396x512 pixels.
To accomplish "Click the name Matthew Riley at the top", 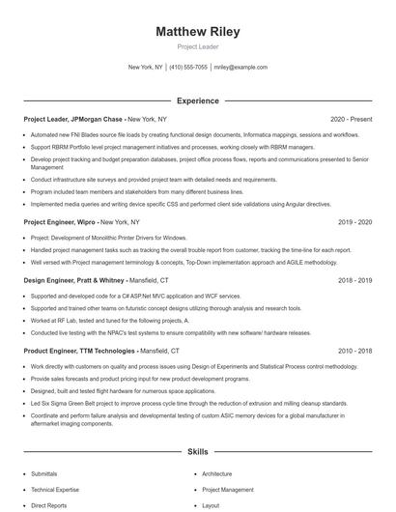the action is (197, 32).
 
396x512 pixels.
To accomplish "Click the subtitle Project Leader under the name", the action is (197, 46).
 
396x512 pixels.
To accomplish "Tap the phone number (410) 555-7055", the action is (188, 68).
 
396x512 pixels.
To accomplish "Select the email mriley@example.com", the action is (240, 68).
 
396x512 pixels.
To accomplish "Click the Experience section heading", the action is (197, 100).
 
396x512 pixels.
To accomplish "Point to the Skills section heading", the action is (197, 452).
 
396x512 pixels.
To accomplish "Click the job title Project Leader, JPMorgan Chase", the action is (73, 119).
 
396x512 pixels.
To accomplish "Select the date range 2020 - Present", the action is (351, 119).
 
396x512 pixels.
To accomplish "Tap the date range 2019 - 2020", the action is (355, 222).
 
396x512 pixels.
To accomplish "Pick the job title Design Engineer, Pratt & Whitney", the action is (73, 280).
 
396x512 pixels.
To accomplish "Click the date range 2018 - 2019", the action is (355, 280).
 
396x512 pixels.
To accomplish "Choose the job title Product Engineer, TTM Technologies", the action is (79, 353).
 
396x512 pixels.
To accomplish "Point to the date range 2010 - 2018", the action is (355, 353).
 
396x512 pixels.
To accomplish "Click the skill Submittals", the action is (44, 474).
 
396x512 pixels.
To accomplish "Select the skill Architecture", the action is (217, 474).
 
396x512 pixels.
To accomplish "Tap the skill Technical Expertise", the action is (54, 490).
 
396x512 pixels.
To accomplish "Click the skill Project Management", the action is (228, 490).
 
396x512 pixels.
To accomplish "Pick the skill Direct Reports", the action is (48, 505).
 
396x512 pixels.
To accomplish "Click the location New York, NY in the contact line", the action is (146, 68).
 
